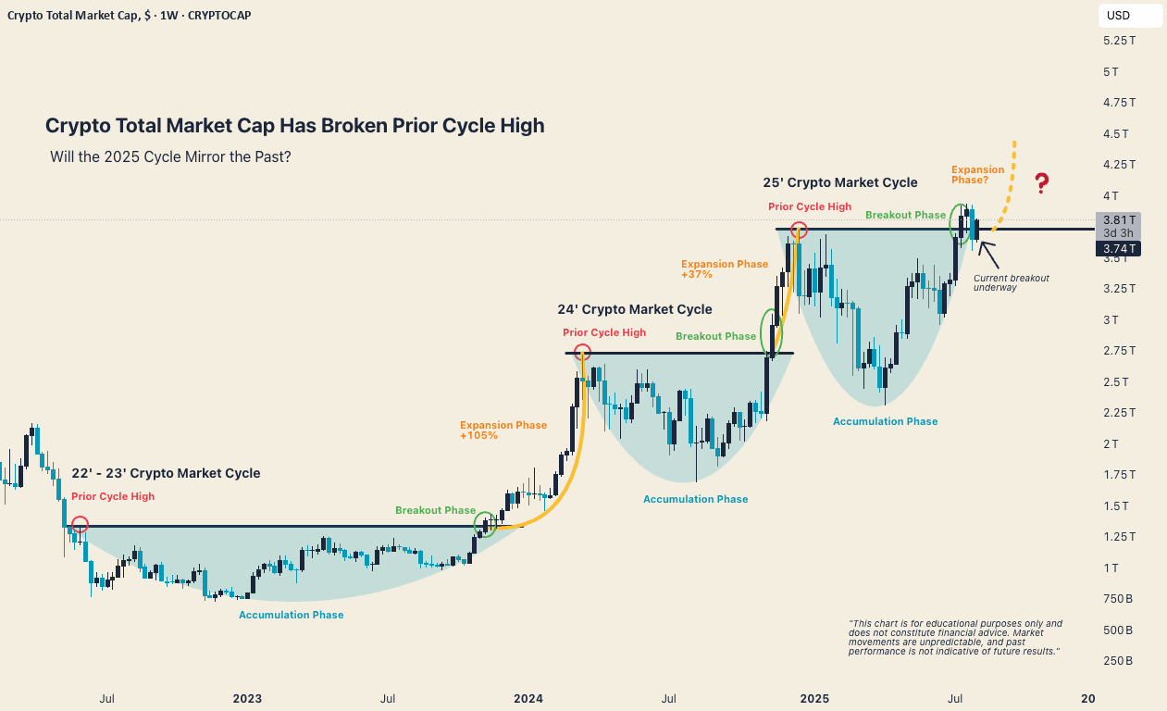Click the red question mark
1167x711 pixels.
1041,182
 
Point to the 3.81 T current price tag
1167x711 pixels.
1117,220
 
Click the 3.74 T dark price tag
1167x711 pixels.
1117,248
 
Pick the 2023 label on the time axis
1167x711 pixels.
247,698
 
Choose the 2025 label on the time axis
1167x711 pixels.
813,698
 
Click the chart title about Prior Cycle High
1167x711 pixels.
294,126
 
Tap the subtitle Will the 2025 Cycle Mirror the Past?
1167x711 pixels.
170,156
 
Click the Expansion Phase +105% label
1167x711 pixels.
503,430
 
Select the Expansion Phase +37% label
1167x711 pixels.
725,268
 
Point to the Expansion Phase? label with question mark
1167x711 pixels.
977,174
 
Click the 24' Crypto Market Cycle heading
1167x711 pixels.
635,309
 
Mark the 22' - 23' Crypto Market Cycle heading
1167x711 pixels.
166,473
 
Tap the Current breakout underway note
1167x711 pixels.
1011,282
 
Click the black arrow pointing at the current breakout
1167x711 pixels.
988,251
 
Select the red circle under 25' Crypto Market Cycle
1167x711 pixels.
799,230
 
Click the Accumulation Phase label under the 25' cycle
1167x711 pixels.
885,421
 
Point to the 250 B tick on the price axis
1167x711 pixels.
1117,661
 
